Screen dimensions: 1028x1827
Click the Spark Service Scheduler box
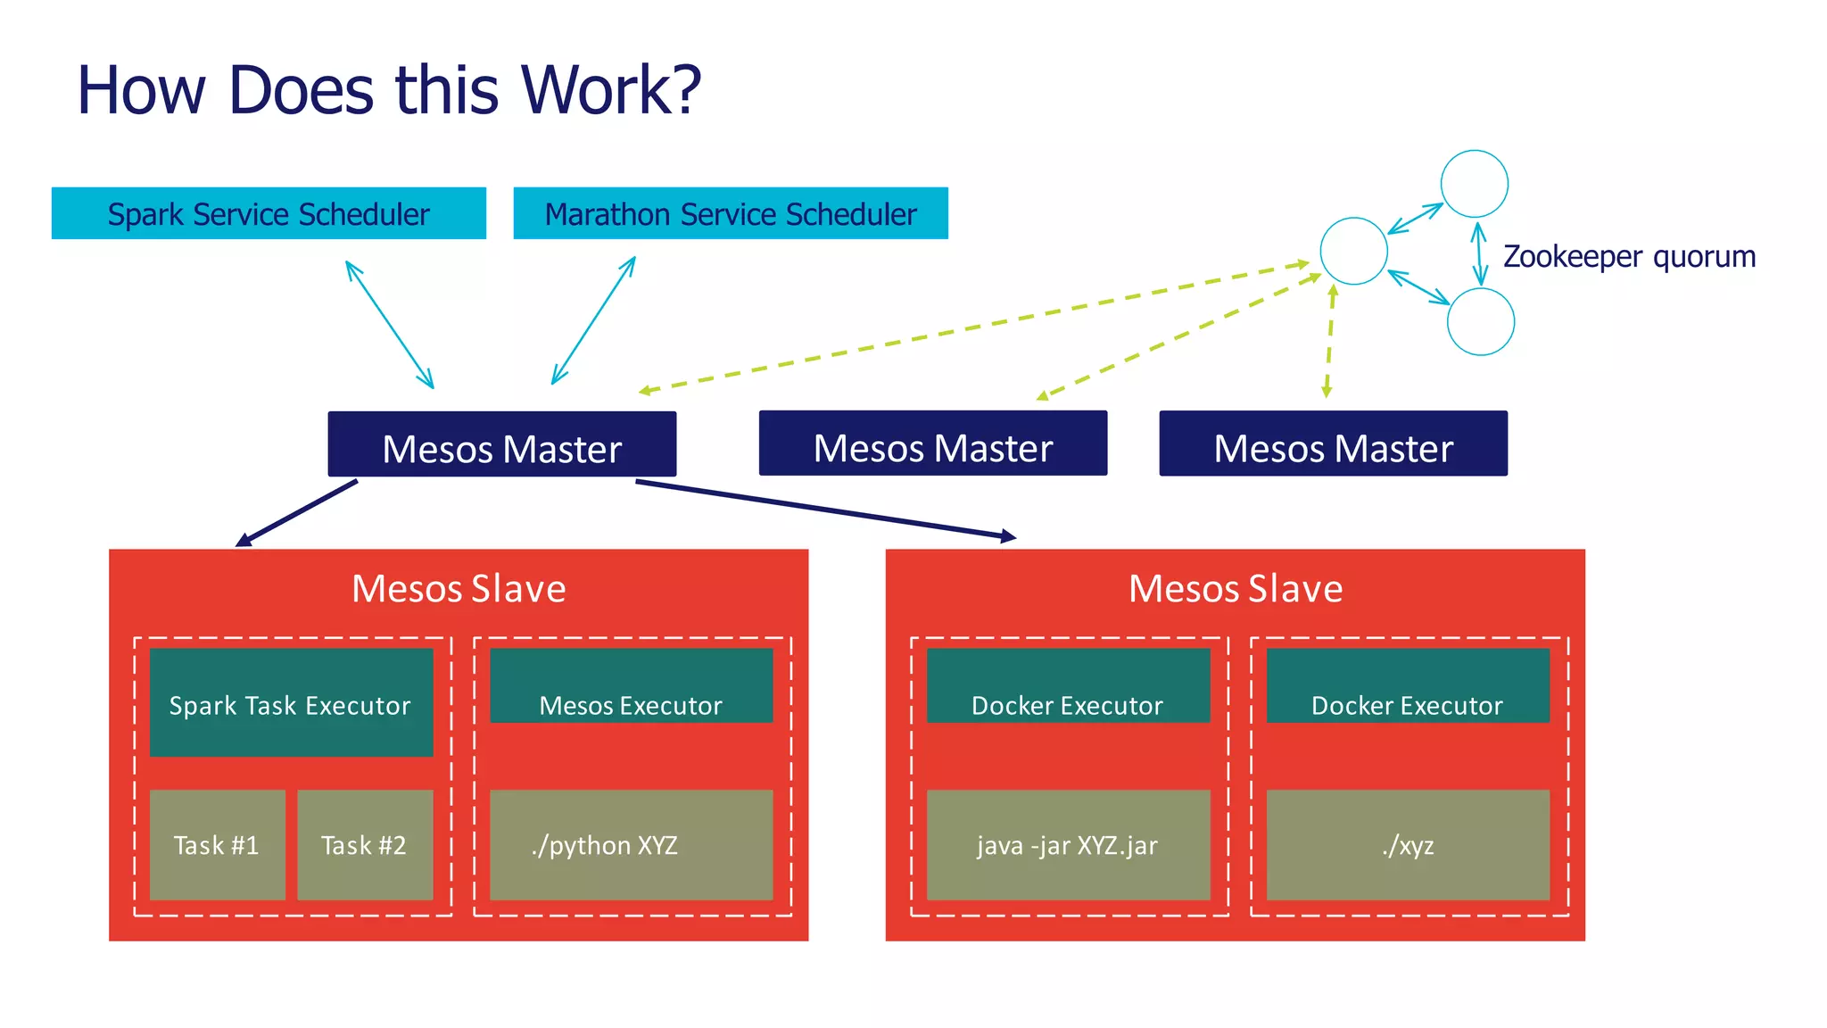coord(269,213)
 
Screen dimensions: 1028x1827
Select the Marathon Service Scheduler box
coord(731,213)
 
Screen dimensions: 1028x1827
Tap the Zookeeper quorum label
coord(1629,256)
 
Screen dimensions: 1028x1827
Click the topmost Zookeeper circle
coord(1474,184)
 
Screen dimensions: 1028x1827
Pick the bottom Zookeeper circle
coord(1480,322)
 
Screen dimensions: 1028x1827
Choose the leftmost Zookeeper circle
coord(1353,251)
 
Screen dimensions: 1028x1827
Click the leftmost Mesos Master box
coord(501,444)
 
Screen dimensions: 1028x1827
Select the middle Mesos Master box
coord(932,444)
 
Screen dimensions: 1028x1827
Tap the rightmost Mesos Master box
coord(1333,444)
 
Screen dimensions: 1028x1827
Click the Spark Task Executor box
coord(291,703)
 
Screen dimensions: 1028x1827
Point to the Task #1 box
coord(217,844)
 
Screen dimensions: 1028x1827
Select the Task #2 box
coord(364,844)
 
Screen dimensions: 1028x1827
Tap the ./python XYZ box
coord(631,844)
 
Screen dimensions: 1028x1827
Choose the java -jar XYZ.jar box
coord(1068,844)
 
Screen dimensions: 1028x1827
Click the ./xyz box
coord(1408,844)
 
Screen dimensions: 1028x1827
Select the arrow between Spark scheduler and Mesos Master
coord(390,325)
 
